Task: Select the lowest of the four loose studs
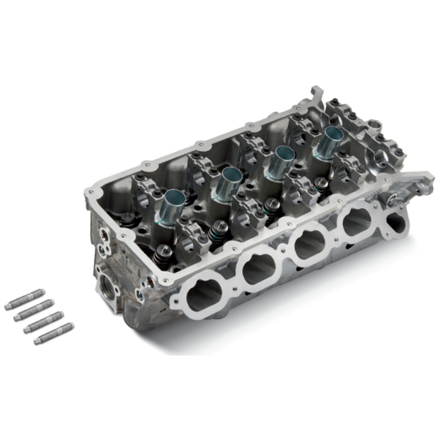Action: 54,334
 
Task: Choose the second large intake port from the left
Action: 258,268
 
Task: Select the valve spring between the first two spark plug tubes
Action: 217,232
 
